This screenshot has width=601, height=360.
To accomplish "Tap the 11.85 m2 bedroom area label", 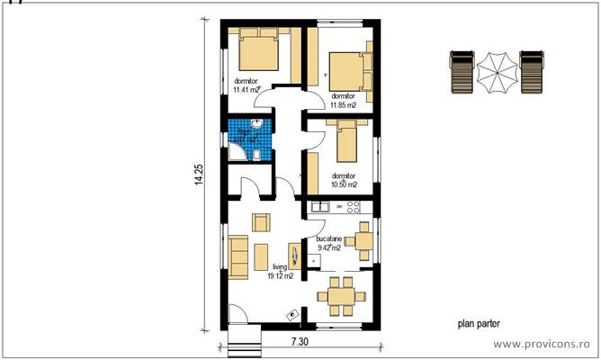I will point(343,100).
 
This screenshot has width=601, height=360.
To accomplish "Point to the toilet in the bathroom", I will point(257,156).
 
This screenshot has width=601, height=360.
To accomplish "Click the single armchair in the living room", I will point(260,222).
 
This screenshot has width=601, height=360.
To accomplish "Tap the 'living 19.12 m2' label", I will point(281,272).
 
